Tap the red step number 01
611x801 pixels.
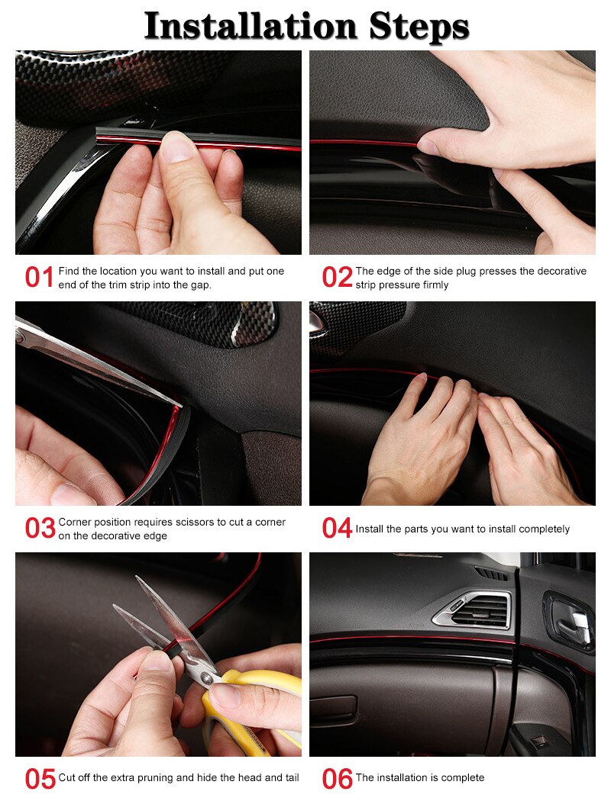[x=39, y=278]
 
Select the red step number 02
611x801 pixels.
[x=337, y=278]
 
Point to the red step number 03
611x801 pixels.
[x=40, y=529]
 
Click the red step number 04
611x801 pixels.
[x=337, y=529]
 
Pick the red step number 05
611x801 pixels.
[x=40, y=779]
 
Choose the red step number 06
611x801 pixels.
[x=337, y=779]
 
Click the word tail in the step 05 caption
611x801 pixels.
[x=289, y=777]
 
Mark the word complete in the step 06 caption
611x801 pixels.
[x=462, y=777]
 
